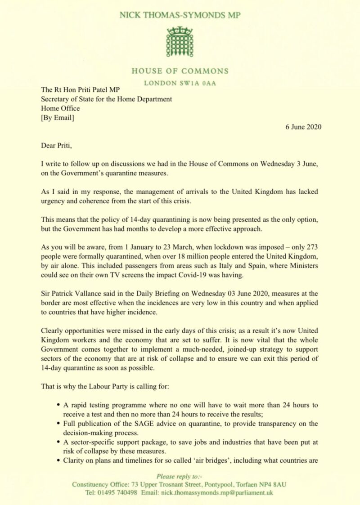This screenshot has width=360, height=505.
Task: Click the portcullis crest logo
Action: (x=180, y=42)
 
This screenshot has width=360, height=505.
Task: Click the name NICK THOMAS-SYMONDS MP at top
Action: (x=180, y=15)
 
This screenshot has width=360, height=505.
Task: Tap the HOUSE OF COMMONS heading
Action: (x=180, y=71)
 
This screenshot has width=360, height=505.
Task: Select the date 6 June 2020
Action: (x=303, y=126)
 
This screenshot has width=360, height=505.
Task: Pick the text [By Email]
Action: (x=58, y=118)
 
